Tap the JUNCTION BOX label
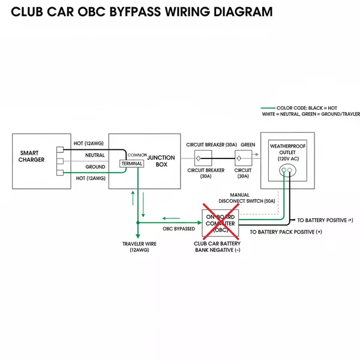(161, 161)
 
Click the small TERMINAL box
(132, 163)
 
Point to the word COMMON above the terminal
(137, 155)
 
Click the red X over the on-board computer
(221, 221)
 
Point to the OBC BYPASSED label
(179, 229)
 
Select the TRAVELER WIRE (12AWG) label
(139, 247)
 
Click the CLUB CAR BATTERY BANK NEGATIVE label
(217, 247)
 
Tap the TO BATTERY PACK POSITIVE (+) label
(286, 232)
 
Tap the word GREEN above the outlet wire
(248, 145)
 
